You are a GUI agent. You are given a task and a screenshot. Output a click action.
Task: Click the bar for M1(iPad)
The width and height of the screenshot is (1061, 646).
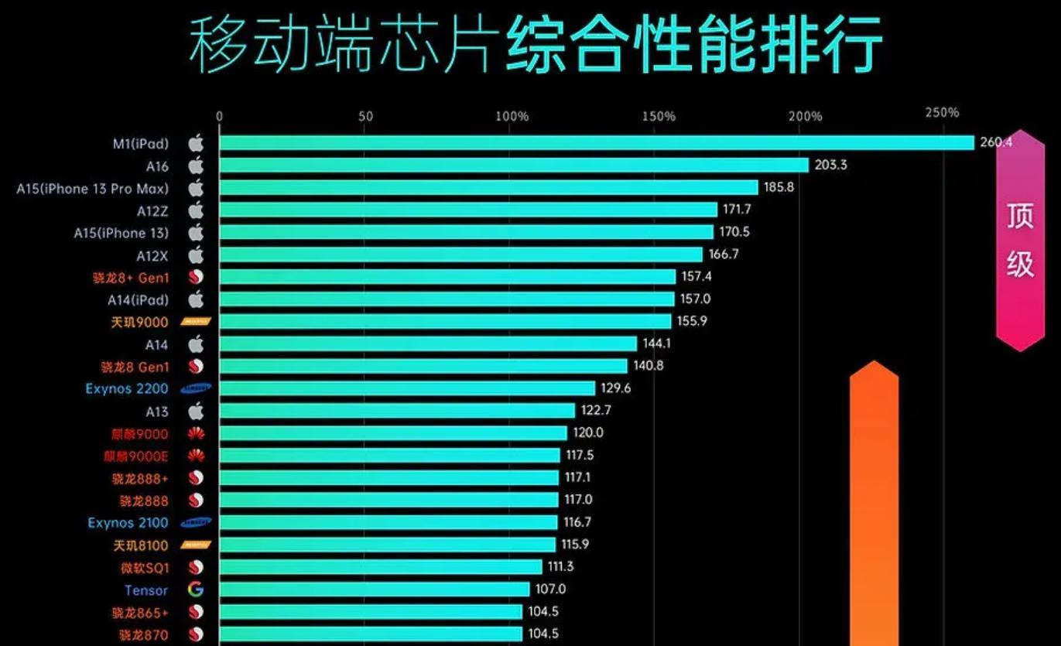596,143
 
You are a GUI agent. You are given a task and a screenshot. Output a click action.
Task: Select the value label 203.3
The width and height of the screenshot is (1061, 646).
830,165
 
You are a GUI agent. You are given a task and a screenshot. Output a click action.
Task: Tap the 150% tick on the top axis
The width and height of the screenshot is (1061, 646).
658,117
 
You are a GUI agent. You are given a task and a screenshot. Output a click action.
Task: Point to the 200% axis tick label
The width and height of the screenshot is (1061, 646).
805,117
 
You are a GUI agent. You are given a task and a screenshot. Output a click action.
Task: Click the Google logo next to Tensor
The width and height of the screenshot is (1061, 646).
196,590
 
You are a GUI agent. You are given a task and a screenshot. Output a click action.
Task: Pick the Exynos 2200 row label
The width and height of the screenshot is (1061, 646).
127,388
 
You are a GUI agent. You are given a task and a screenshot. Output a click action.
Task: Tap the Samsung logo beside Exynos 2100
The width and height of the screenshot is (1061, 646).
196,523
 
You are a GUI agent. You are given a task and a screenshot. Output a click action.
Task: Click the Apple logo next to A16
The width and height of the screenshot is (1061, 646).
196,166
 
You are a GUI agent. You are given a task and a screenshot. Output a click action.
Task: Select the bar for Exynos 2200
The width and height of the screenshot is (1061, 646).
407,388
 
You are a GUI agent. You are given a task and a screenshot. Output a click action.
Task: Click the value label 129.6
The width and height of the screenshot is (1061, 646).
615,388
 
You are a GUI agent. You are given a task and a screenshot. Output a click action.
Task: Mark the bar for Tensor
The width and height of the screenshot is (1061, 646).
375,590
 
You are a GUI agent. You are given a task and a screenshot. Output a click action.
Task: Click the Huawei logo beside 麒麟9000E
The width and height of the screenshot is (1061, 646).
196,456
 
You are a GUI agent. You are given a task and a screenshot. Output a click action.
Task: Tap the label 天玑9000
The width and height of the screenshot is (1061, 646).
140,322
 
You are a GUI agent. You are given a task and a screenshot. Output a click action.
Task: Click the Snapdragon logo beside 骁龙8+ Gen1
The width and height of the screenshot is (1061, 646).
196,277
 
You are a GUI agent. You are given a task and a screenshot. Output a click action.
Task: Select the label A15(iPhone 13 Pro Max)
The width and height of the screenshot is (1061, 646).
92,188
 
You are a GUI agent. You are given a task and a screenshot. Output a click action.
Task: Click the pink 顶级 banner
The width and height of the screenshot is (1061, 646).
1020,240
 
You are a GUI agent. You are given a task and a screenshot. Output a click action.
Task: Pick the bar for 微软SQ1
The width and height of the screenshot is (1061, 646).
381,567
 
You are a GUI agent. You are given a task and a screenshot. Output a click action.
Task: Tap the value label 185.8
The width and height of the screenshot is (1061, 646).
779,187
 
